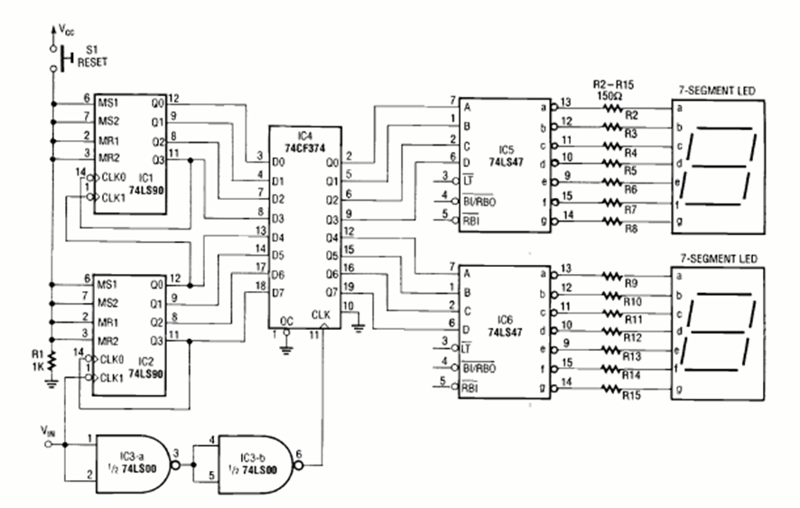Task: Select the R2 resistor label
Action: (632, 116)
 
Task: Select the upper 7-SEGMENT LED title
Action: (720, 89)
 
